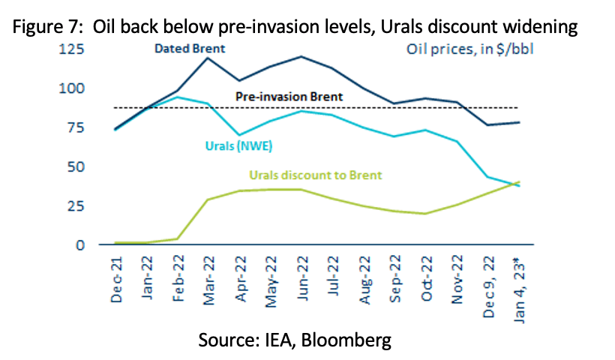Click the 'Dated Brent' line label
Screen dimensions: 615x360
(190, 49)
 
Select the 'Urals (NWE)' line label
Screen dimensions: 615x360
(238, 146)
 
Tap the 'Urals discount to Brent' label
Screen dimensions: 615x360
(316, 175)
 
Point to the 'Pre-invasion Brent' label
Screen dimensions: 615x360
(289, 97)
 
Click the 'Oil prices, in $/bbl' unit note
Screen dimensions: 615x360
(470, 49)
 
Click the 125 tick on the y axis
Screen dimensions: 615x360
(71, 49)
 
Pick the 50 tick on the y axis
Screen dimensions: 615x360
(76, 166)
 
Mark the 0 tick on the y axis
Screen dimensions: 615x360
(80, 245)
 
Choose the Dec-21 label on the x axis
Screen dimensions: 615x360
(116, 280)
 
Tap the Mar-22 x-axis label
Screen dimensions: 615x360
(209, 280)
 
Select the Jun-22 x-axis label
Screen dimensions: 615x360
(301, 278)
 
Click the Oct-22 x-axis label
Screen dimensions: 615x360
(426, 278)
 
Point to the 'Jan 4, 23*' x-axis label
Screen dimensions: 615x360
(519, 290)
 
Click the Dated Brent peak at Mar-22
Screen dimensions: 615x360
(208, 58)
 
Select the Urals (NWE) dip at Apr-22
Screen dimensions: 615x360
(238, 135)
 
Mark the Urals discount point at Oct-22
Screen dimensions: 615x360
(425, 214)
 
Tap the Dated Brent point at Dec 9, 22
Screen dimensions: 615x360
(487, 124)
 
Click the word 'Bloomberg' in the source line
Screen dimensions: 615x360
(346, 340)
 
